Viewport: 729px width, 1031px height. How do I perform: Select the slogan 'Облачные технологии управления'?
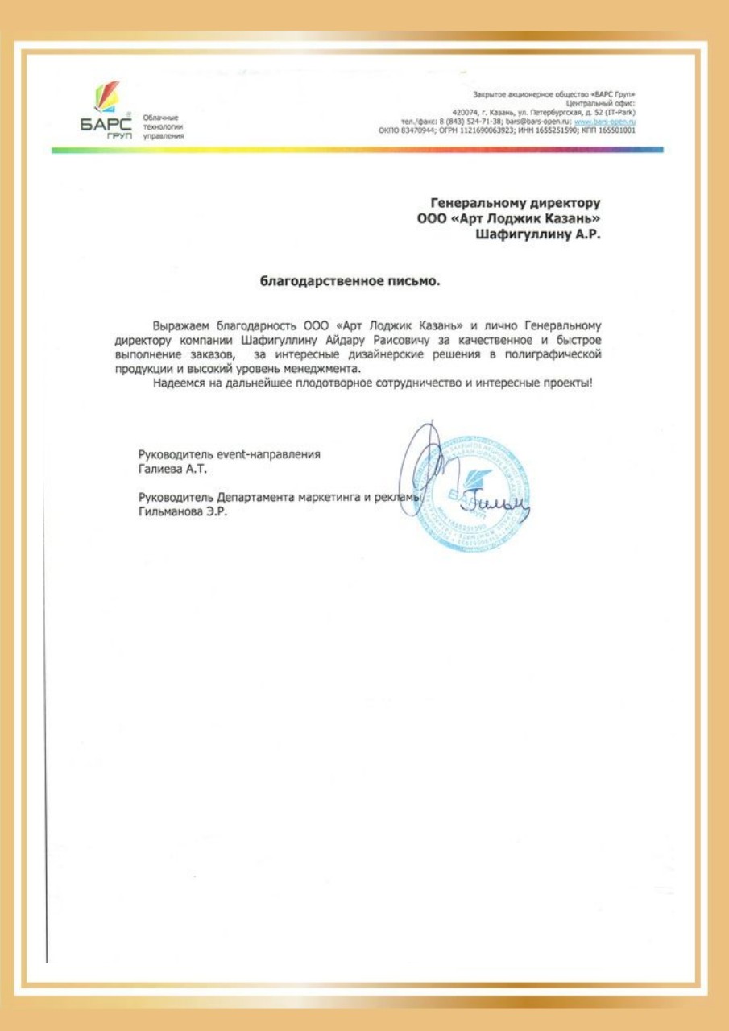[164, 126]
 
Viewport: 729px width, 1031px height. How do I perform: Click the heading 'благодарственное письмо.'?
[350, 282]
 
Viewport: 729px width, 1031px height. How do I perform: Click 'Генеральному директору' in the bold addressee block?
[516, 203]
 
